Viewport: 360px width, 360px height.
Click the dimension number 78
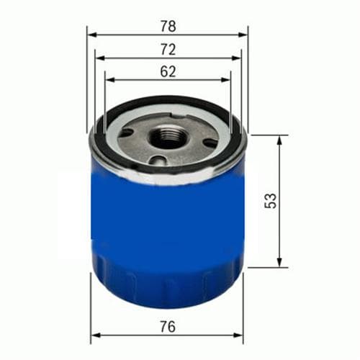168,26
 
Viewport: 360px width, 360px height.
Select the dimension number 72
168,50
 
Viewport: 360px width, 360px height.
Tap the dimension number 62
168,71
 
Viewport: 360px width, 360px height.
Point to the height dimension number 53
271,201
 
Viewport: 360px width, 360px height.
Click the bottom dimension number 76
168,327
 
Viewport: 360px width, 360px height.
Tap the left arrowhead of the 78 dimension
92,35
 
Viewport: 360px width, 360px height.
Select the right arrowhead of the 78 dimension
243,35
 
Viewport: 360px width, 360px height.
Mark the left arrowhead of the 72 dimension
100,58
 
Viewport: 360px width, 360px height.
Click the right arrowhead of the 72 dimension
236,58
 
